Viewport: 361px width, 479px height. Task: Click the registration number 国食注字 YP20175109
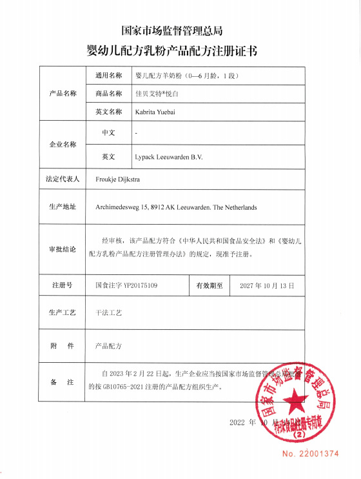(x=126, y=284)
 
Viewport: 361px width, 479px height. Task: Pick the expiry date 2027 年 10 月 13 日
(x=267, y=284)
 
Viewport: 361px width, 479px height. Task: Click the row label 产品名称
(x=63, y=94)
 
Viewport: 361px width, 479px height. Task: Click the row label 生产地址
(x=63, y=207)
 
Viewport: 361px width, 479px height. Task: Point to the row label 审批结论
(x=63, y=249)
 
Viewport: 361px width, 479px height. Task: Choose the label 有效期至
(x=210, y=284)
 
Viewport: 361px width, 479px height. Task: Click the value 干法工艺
(x=109, y=312)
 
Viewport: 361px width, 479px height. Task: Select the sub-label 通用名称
(x=108, y=76)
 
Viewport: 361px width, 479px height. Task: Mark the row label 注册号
(x=63, y=284)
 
